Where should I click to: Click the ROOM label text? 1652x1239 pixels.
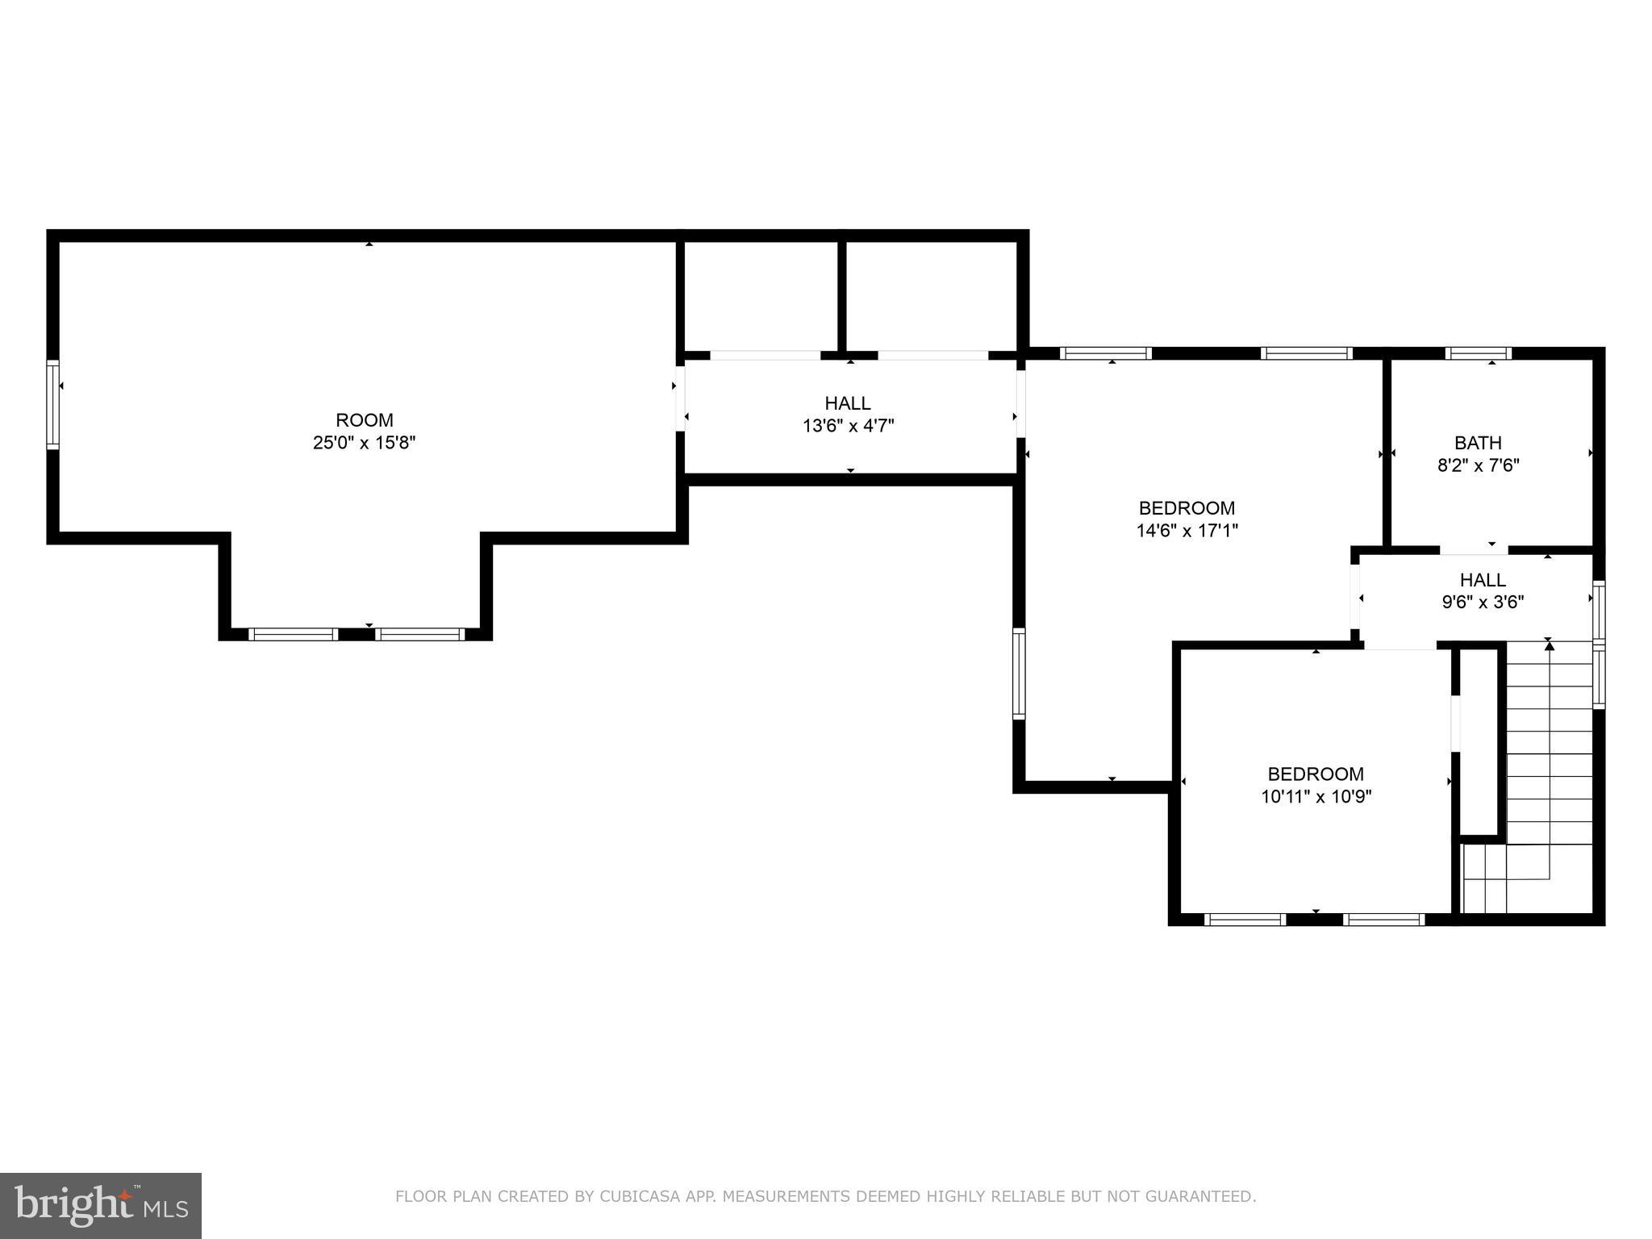pos(365,420)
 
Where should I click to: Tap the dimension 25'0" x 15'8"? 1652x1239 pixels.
pos(365,443)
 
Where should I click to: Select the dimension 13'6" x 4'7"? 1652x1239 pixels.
pos(848,426)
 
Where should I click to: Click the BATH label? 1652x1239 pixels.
pos(1478,443)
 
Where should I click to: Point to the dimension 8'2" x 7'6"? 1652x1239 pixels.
pos(1478,465)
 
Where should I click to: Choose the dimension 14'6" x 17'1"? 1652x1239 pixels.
pos(1187,531)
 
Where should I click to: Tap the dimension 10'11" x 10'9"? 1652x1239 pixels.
pos(1316,797)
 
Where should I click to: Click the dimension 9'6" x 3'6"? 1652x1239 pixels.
pos(1483,602)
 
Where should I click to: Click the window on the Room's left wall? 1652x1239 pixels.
pos(52,404)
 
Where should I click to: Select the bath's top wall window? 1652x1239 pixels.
pos(1478,353)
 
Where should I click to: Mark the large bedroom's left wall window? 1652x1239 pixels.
pos(1019,674)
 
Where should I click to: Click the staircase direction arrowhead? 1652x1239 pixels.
pos(1549,645)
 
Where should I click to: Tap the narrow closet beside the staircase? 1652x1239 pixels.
pos(1479,742)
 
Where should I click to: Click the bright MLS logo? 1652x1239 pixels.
pos(100,1205)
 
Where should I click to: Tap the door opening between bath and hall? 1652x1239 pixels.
pos(1473,551)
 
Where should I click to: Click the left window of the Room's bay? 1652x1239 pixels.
pos(293,634)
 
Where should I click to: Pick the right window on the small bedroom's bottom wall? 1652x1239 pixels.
pos(1384,920)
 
